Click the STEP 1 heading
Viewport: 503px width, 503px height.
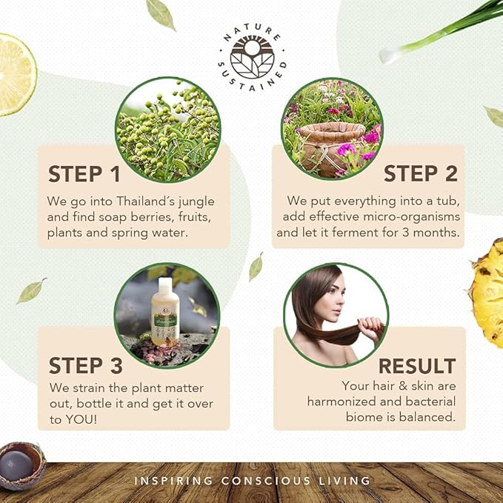click(x=84, y=174)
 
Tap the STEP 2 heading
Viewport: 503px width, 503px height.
click(x=421, y=173)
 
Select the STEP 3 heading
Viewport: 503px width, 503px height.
click(x=86, y=365)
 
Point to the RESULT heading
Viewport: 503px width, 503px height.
click(x=417, y=366)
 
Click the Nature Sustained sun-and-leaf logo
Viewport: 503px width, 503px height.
click(x=252, y=58)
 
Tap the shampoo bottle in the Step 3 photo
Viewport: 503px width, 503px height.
click(x=165, y=311)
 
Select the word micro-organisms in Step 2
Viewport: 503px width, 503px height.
click(x=412, y=217)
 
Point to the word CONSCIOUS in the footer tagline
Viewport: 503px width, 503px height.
click(x=266, y=481)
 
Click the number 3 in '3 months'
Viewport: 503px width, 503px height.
click(x=406, y=233)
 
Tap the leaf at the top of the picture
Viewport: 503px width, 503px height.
click(x=161, y=15)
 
